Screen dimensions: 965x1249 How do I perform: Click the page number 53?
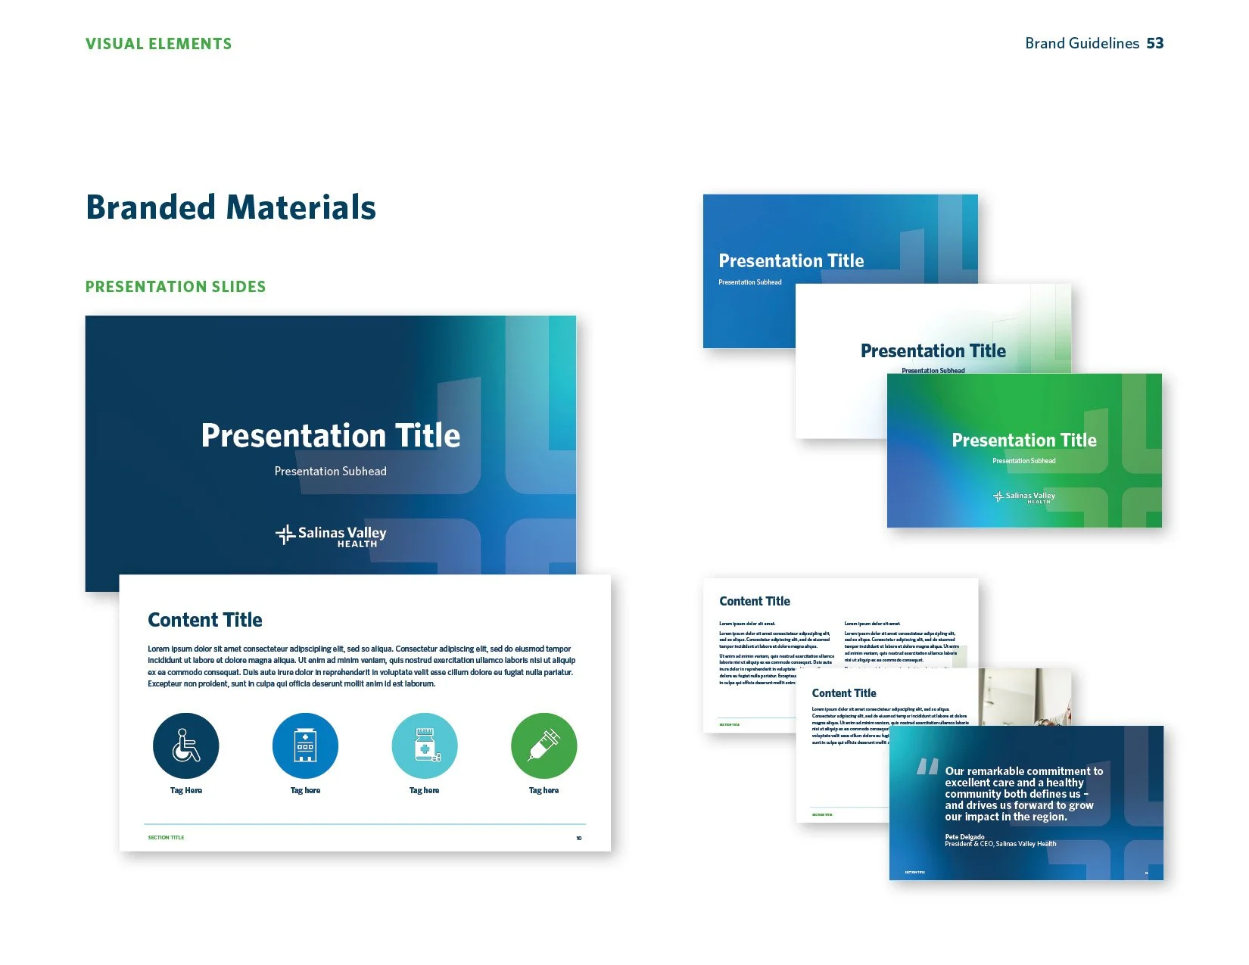[1154, 43]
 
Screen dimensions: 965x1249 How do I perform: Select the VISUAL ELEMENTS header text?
[158, 44]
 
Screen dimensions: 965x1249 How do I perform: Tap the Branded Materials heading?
[231, 207]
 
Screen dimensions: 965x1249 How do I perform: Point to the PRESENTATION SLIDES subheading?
[176, 287]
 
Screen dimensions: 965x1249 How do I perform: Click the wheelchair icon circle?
[185, 746]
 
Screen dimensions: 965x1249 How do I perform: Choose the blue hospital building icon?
[305, 746]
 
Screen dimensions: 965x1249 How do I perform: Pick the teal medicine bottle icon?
[425, 746]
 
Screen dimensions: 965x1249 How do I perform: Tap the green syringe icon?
[544, 746]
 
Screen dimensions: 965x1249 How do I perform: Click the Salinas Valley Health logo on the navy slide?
[331, 535]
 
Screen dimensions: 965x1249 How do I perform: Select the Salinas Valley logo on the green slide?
[1024, 497]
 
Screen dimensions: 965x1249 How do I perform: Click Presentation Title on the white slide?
[933, 351]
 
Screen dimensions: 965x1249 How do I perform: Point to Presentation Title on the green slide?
[1023, 440]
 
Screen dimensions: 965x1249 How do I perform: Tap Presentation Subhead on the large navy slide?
[330, 471]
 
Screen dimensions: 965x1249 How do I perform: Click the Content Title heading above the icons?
[205, 620]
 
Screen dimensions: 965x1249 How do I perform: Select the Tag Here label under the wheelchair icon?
[185, 790]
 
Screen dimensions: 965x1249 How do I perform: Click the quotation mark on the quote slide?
[927, 767]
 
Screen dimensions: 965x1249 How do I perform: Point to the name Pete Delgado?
[964, 836]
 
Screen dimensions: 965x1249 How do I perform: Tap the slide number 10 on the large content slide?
[579, 838]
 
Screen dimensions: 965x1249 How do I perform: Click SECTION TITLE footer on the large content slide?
[166, 837]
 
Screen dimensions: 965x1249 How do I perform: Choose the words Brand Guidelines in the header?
[1082, 43]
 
